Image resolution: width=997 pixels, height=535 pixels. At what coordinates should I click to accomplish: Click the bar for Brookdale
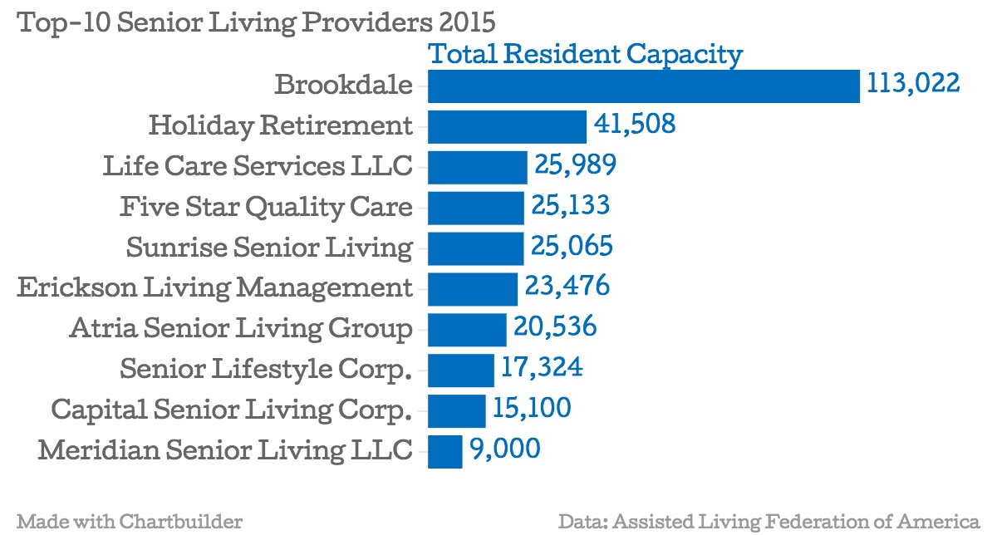(x=644, y=86)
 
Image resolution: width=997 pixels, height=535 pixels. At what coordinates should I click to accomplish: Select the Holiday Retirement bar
(x=508, y=126)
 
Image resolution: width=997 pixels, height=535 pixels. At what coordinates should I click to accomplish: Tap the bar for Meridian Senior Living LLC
(x=445, y=451)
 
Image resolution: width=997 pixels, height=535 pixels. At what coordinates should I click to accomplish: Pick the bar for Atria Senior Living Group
(x=467, y=329)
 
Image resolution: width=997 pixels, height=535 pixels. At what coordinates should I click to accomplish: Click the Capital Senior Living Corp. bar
(x=457, y=410)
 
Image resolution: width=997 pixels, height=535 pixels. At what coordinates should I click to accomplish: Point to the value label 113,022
(x=913, y=84)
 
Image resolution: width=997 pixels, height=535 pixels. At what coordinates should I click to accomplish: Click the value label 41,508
(x=635, y=125)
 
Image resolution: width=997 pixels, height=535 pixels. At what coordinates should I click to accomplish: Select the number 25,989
(x=575, y=165)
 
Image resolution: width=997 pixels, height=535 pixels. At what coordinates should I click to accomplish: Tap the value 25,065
(x=572, y=247)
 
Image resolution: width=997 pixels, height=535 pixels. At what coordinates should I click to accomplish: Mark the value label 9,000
(x=505, y=449)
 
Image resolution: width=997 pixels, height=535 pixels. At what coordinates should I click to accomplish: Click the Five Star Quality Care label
(x=266, y=206)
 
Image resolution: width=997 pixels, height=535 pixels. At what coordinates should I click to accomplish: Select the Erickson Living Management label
(x=215, y=287)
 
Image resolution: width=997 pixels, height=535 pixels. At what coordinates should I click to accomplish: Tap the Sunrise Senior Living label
(x=269, y=248)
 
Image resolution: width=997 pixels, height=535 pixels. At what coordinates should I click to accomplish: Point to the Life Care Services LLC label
(x=258, y=166)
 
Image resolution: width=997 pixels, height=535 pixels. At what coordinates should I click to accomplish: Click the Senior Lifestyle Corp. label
(x=266, y=368)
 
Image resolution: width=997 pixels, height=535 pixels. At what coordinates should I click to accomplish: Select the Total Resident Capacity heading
(x=584, y=55)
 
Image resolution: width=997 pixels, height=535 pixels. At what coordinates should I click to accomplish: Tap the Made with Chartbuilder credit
(x=130, y=522)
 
